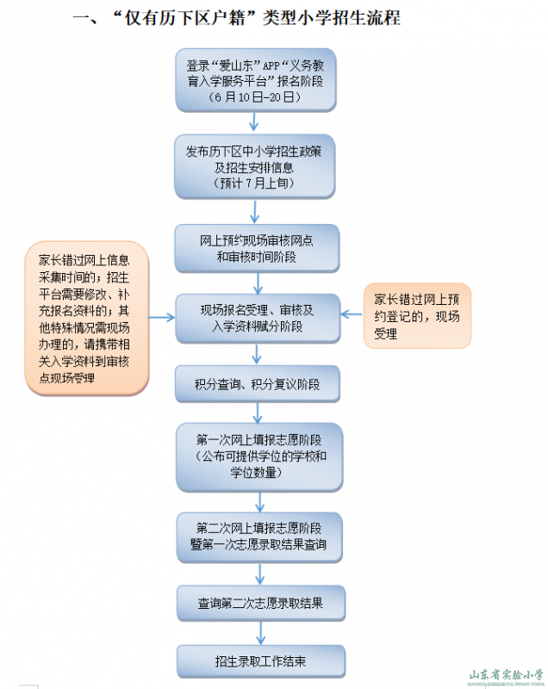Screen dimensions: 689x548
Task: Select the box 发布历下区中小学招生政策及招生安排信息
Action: (x=255, y=166)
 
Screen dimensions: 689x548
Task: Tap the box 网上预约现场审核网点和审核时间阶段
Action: (x=256, y=248)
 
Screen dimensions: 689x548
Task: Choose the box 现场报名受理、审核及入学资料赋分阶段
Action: (x=256, y=318)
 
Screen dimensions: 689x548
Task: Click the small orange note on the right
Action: (x=417, y=315)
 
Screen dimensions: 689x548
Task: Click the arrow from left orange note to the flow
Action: (x=163, y=318)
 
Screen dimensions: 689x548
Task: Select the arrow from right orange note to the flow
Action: (x=352, y=315)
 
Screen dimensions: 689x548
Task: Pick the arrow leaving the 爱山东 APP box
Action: (x=254, y=122)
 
